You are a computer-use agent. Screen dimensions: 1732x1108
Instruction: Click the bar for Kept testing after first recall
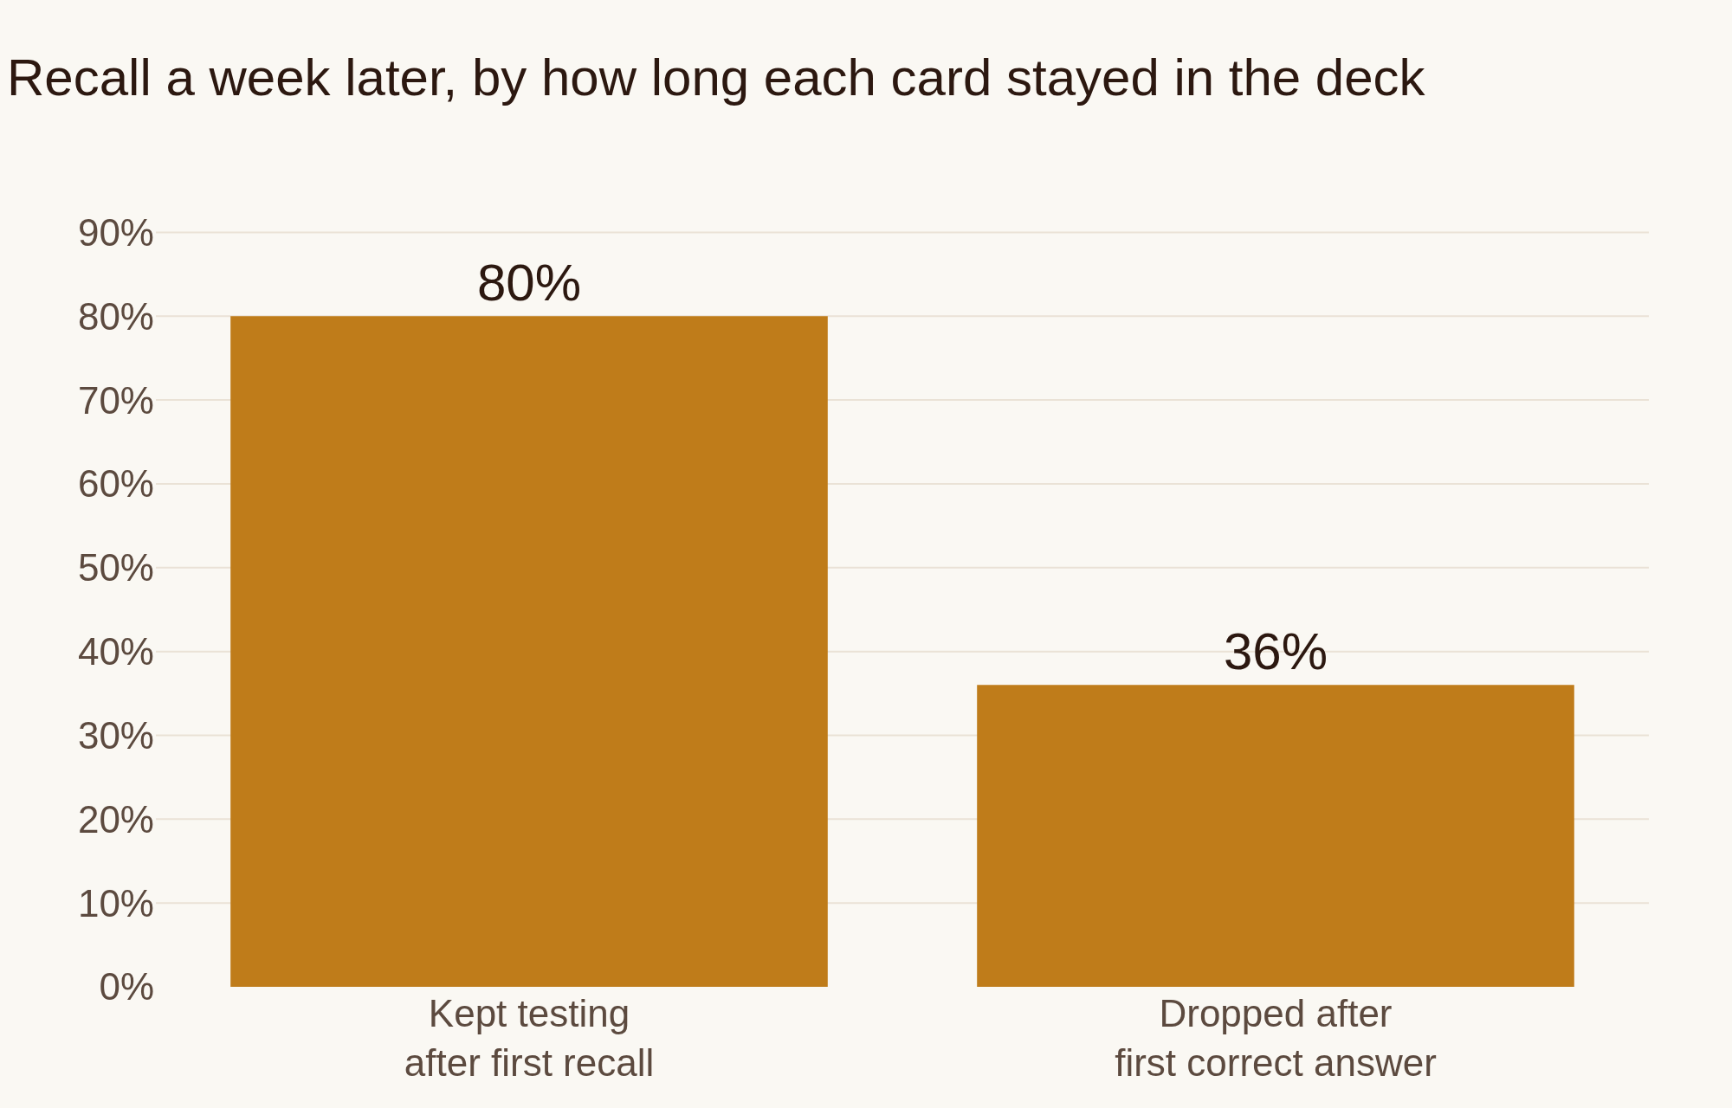(x=528, y=651)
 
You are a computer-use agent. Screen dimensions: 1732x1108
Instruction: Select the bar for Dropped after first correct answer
(x=1275, y=835)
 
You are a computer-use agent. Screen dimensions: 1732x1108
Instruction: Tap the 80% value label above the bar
(x=528, y=283)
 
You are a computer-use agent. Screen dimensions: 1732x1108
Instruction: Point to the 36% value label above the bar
(x=1275, y=652)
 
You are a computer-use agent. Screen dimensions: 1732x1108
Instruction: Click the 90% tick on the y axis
(x=116, y=233)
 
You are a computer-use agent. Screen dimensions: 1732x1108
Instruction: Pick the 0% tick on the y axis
(x=126, y=987)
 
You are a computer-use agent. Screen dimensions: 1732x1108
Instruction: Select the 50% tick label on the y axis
(x=116, y=568)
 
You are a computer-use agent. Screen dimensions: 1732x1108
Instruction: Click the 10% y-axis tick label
(x=116, y=904)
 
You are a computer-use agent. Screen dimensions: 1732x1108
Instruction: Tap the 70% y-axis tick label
(x=116, y=401)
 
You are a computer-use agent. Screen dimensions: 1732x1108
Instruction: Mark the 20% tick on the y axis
(x=116, y=820)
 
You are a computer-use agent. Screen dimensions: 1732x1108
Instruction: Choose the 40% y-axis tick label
(x=116, y=652)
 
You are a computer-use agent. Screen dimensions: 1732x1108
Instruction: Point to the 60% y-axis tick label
(x=116, y=484)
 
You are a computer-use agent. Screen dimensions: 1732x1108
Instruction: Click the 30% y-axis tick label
(x=116, y=736)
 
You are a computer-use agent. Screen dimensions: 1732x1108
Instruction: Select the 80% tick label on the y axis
(x=116, y=317)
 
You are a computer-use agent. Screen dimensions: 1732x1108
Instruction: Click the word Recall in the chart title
(x=80, y=78)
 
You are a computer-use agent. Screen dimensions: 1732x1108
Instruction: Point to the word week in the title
(x=269, y=78)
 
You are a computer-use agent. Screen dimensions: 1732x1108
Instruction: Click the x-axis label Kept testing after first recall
(x=528, y=1038)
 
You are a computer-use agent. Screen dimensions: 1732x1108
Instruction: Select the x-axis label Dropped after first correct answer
(x=1275, y=1038)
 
